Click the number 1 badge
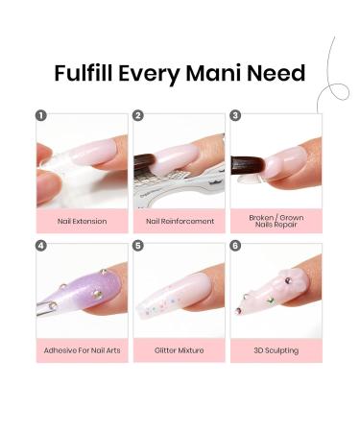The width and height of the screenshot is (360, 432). click(41, 115)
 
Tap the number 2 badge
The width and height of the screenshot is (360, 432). click(138, 115)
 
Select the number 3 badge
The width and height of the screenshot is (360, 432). click(235, 115)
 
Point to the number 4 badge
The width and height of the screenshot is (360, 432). click(41, 245)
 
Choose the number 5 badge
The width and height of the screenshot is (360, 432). click(138, 245)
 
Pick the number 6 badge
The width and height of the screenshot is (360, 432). click(235, 245)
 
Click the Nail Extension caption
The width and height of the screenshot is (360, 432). click(82, 221)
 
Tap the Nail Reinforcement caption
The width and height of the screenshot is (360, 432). click(179, 221)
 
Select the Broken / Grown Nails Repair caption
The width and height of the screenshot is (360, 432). click(276, 221)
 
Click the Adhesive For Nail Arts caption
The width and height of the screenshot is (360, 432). click(82, 350)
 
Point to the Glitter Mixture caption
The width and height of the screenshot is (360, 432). click(179, 350)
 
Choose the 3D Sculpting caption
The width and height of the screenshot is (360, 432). click(276, 350)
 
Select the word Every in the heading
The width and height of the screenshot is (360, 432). click(156, 74)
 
